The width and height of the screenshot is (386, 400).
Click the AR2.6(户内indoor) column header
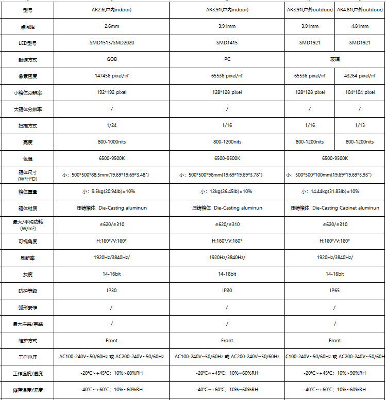[x=112, y=10]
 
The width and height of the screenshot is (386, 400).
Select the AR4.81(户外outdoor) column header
[x=360, y=10]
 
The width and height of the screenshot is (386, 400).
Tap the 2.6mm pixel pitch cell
[x=112, y=26]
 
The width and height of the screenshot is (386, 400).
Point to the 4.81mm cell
[x=360, y=26]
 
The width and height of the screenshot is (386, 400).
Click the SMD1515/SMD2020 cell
[x=112, y=43]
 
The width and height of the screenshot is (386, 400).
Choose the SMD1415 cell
[x=227, y=43]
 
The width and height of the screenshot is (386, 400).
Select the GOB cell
[x=112, y=59]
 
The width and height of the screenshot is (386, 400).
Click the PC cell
[x=227, y=59]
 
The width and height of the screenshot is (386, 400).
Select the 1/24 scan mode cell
[x=112, y=125]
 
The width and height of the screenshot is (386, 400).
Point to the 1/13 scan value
[x=360, y=125]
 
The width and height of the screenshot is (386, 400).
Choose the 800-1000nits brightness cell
[x=112, y=142]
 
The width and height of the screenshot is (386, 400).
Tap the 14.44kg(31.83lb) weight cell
[x=334, y=191]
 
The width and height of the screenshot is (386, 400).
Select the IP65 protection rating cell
[x=334, y=291]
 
